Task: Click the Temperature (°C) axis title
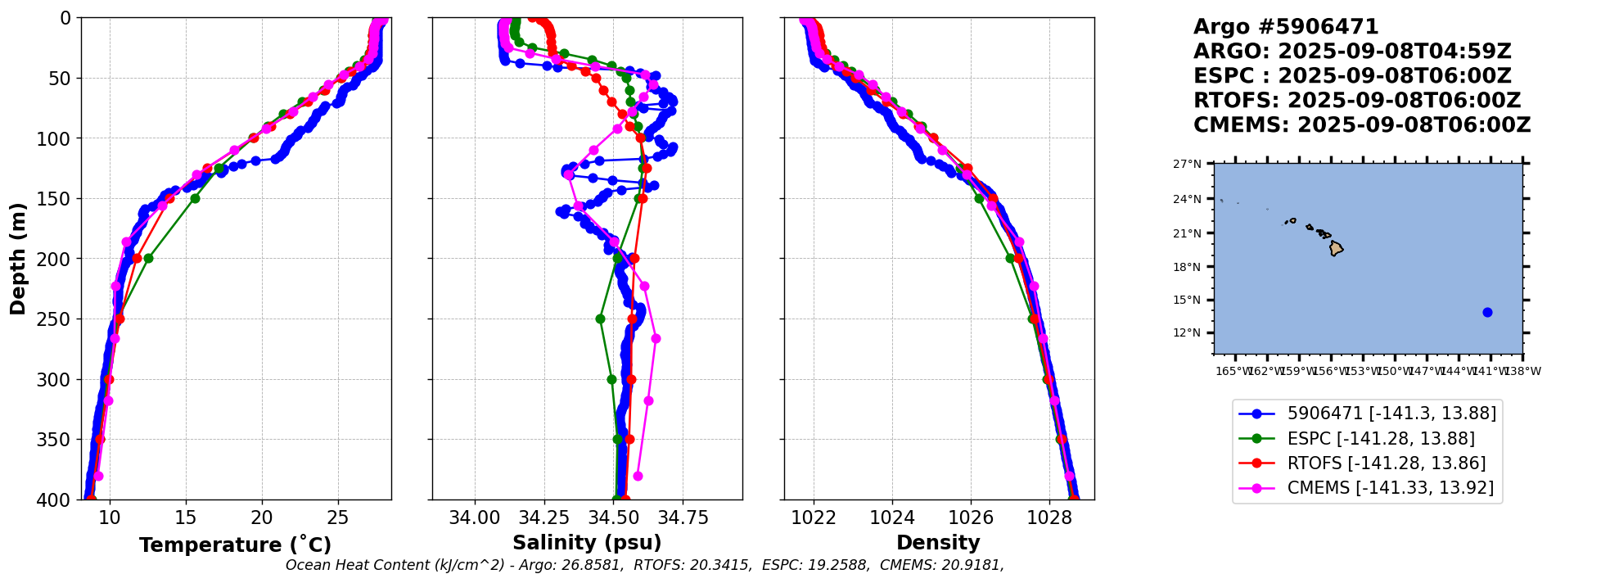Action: [235, 545]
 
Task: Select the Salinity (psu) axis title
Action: [587, 543]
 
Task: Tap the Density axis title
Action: [938, 543]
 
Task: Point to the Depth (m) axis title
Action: [17, 259]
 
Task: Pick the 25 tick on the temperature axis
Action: [338, 517]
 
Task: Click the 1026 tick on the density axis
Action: [971, 517]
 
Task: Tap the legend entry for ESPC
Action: [1381, 439]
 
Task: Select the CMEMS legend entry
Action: [1390, 488]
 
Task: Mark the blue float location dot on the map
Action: [1487, 312]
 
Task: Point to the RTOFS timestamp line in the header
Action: [1356, 101]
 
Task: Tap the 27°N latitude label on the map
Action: [1187, 164]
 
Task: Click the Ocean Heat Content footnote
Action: [644, 565]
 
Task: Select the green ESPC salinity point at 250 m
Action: [600, 319]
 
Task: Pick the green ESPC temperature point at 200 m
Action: [148, 259]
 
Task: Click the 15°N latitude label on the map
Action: [1187, 300]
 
